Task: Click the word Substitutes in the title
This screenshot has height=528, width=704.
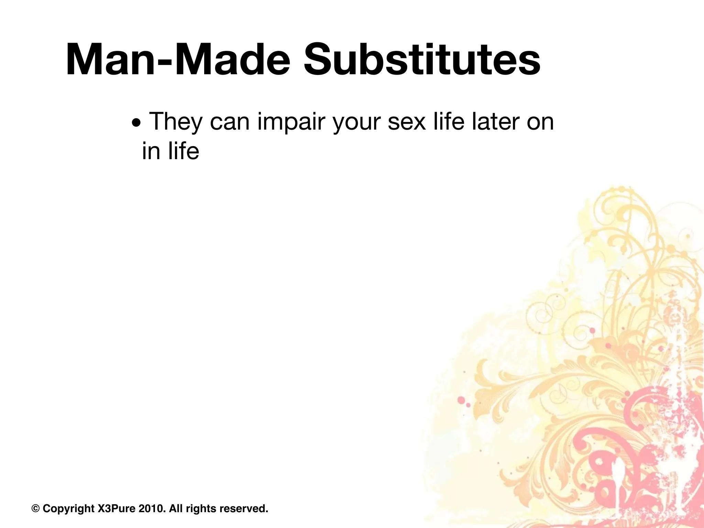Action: [422, 59]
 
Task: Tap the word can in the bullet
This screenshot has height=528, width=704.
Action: [230, 122]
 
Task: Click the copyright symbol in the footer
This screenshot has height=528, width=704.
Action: [35, 508]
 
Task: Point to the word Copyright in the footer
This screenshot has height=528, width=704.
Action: [68, 508]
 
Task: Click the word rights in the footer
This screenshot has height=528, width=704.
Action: [201, 508]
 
